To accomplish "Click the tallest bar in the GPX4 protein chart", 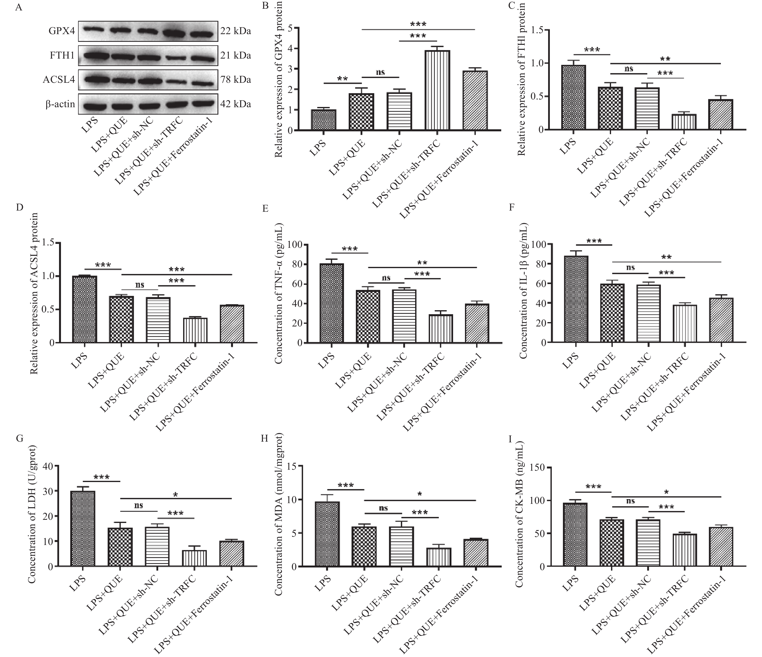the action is point(437,90).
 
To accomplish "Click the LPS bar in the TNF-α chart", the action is point(331,303).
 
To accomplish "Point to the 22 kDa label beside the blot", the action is point(236,31).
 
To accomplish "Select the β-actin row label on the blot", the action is point(60,105).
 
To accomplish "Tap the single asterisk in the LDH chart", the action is point(175,495).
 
